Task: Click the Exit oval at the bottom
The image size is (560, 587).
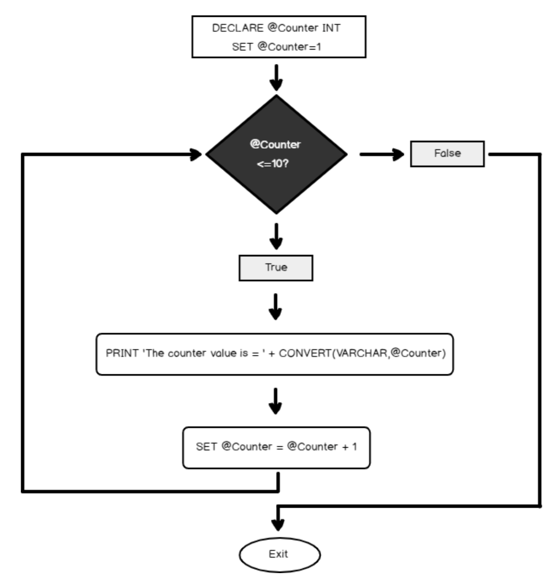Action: (x=280, y=554)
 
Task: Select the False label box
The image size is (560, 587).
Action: (x=447, y=154)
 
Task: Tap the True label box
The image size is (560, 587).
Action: (x=276, y=268)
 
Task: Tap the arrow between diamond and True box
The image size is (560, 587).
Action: (x=276, y=236)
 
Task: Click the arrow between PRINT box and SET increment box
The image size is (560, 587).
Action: (x=276, y=401)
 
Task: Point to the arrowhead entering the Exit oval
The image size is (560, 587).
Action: (x=279, y=525)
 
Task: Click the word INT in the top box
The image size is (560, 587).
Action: (x=332, y=28)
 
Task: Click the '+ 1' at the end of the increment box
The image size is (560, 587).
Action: (x=349, y=447)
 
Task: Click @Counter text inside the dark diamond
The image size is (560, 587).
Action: (x=276, y=145)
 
